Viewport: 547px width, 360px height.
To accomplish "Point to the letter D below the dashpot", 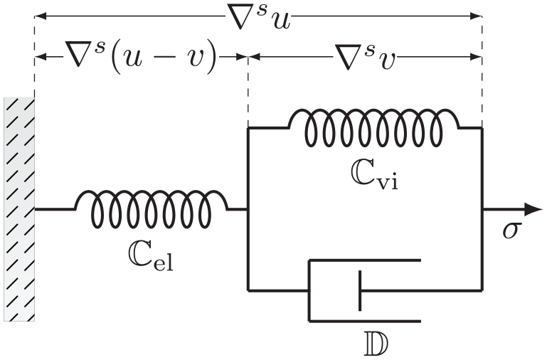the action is click(376, 344).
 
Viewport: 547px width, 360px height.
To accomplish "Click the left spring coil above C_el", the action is click(151, 208).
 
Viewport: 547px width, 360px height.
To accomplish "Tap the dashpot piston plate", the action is click(360, 290).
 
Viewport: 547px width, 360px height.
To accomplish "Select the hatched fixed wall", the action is click(19, 208).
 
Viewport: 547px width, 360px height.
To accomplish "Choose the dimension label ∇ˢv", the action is click(365, 57).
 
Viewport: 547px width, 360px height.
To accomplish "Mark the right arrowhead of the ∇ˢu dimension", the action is click(476, 16).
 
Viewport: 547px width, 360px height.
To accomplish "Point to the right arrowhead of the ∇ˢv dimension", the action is click(476, 57).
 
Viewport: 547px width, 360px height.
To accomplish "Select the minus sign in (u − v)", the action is click(164, 58).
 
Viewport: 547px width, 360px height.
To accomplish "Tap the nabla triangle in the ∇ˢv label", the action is click(349, 55).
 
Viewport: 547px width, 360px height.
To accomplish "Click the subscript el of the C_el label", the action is click(164, 263).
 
